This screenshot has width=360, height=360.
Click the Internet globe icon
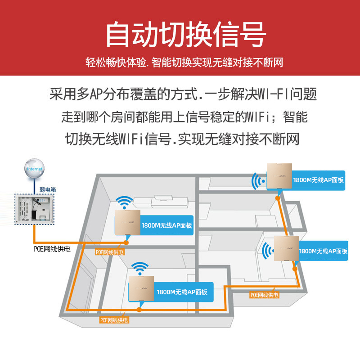coord(35,168)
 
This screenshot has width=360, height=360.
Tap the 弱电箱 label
coord(48,190)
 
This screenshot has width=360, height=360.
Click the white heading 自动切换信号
coord(185,35)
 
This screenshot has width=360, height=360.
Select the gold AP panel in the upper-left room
coord(128,223)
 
